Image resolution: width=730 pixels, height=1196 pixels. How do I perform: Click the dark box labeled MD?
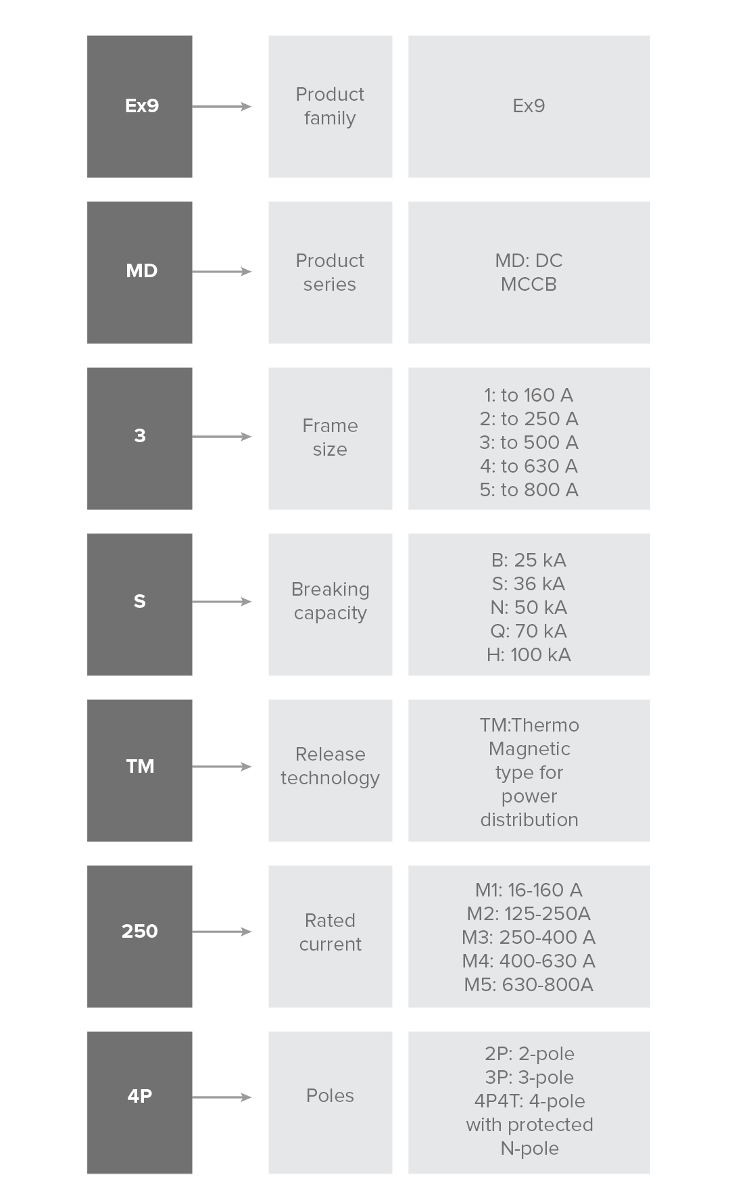pos(139,272)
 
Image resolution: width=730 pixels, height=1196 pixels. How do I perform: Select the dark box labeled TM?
pos(139,770)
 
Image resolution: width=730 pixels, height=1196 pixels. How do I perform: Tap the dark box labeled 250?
pos(139,936)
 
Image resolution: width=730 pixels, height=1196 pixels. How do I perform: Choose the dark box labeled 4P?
pos(139,1102)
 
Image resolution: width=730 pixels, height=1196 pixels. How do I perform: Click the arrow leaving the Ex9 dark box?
pos(222,106)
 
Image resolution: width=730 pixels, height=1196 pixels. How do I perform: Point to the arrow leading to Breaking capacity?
pos(222,602)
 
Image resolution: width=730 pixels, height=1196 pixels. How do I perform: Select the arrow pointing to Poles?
pos(222,1097)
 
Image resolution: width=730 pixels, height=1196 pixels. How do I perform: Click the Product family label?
pos(330,106)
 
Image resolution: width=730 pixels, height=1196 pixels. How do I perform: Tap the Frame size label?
pos(330,437)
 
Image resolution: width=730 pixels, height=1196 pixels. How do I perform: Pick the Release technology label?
pos(330,766)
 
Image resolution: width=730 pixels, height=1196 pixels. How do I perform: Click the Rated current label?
pos(330,932)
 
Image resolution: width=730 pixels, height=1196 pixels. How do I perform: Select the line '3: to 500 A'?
pos(529,442)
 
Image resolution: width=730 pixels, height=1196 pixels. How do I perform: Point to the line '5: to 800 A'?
pos(529,489)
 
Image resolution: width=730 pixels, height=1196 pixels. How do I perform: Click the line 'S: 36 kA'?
pos(529,583)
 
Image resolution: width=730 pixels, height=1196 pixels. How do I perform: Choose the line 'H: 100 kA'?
pos(529,654)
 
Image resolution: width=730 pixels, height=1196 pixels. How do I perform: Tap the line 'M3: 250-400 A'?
pos(529,937)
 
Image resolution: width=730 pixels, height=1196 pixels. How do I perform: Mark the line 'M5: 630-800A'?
pos(529,984)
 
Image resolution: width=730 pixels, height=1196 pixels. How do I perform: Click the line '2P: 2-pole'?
pos(529,1053)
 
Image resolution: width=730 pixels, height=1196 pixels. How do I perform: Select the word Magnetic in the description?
pos(529,749)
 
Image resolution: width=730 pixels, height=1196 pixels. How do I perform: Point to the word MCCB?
pos(529,284)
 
